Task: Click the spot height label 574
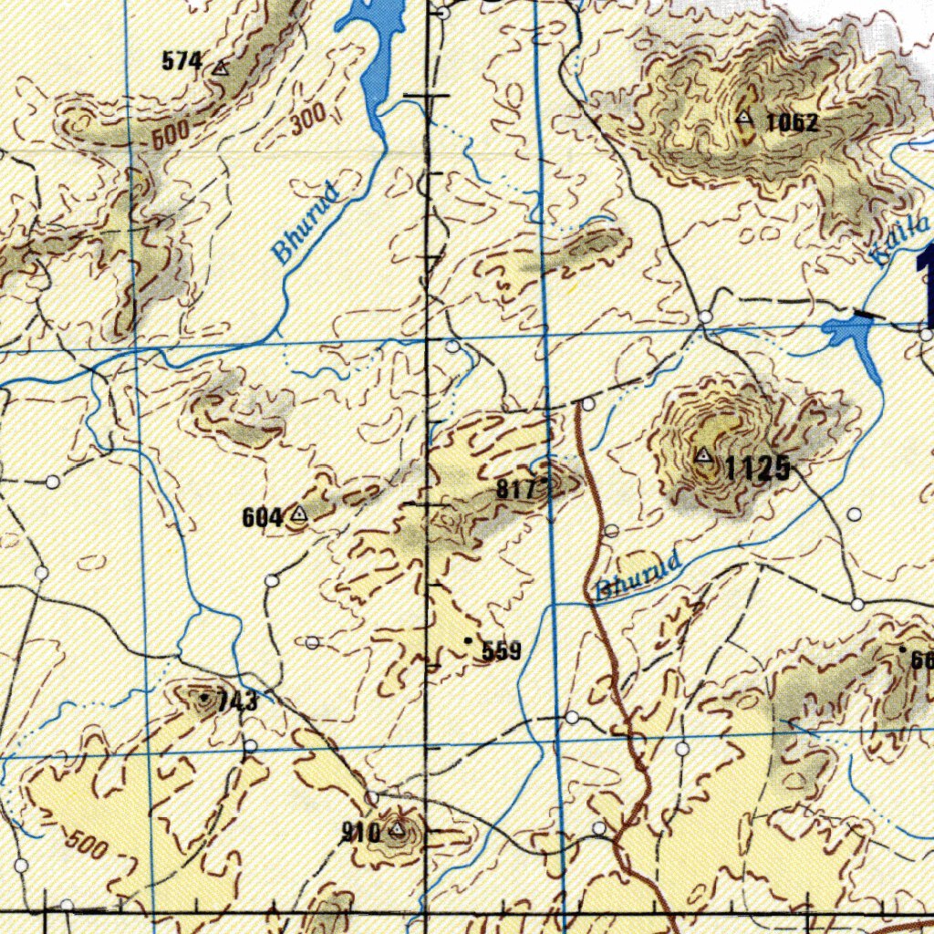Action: click(x=182, y=62)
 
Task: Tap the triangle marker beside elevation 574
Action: click(x=220, y=67)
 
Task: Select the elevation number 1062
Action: click(x=791, y=122)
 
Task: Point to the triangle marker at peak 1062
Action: click(x=745, y=117)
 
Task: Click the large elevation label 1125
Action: click(x=757, y=469)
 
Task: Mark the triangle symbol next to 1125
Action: click(x=703, y=454)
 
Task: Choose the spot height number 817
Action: click(x=515, y=490)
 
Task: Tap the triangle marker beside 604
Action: click(x=298, y=515)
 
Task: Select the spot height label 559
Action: click(x=501, y=651)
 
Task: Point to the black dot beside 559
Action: click(x=469, y=641)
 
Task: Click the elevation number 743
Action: click(x=236, y=702)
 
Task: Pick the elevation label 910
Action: click(x=360, y=832)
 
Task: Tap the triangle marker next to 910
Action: click(x=397, y=829)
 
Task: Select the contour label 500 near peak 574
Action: click(x=171, y=135)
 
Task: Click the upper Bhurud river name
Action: click(x=308, y=223)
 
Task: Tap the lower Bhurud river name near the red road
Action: click(x=638, y=576)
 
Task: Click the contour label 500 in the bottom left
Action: click(x=87, y=844)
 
